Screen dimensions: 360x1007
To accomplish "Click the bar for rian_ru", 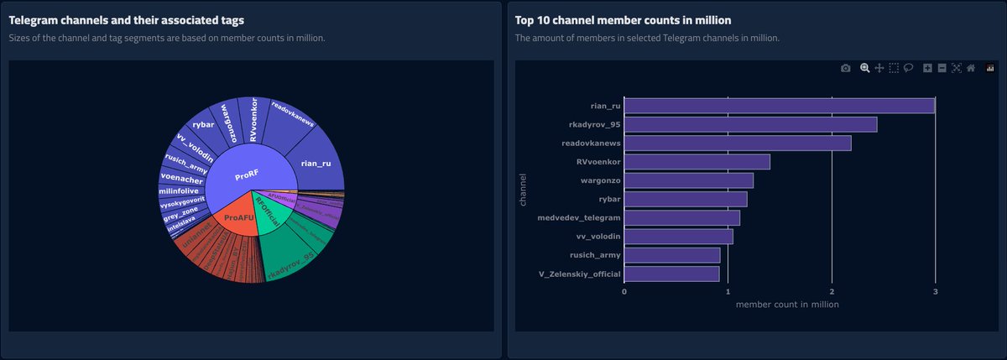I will (x=779, y=106).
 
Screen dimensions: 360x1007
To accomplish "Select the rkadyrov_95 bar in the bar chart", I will (x=750, y=124).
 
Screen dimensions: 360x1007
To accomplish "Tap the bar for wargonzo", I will (x=688, y=180).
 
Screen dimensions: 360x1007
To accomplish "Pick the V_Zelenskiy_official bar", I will (x=671, y=274).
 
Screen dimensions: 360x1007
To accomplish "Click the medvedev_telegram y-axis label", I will (x=578, y=218).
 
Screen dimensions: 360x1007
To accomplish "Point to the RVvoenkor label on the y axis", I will (x=597, y=162).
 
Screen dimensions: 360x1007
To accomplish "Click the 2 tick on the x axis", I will (x=832, y=291).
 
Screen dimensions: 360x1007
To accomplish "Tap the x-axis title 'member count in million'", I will (x=786, y=305).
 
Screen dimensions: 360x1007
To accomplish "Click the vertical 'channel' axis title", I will (x=524, y=189).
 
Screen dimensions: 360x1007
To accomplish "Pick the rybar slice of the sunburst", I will (x=203, y=126).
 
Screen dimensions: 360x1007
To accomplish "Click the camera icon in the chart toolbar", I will (x=845, y=68).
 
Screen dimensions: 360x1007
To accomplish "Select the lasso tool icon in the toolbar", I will (x=908, y=68).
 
